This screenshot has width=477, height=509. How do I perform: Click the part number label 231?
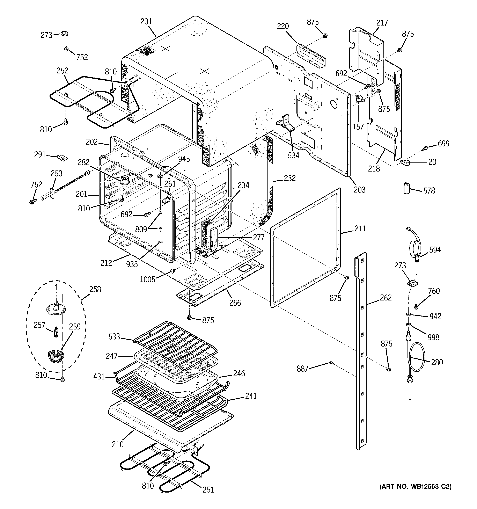pyautogui.click(x=146, y=22)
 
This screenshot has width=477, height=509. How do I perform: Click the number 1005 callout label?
pyautogui.click(x=147, y=279)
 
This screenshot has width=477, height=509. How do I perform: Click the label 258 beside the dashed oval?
pyautogui.click(x=95, y=289)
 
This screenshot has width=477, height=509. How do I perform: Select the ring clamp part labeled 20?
pyautogui.click(x=405, y=162)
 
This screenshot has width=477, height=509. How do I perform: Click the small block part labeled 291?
pyautogui.click(x=62, y=158)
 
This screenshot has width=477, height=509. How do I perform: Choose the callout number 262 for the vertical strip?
pyautogui.click(x=386, y=298)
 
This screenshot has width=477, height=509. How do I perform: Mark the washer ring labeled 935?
pyautogui.click(x=161, y=242)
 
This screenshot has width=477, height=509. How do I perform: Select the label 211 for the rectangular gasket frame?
pyautogui.click(x=360, y=228)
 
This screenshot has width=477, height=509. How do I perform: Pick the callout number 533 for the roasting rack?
pyautogui.click(x=114, y=336)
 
